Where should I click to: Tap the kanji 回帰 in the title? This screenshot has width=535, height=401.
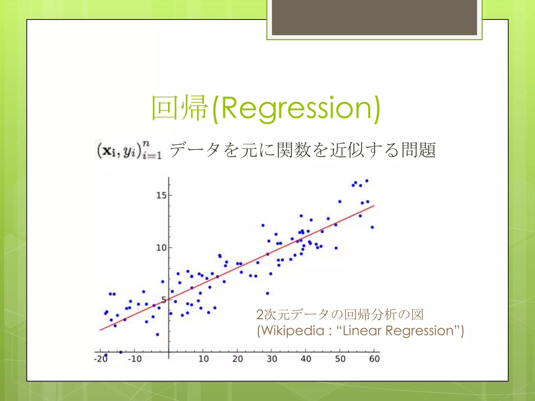click(x=180, y=108)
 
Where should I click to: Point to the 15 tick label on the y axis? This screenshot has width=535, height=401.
click(x=161, y=195)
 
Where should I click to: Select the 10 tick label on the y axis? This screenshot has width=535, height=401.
click(x=161, y=247)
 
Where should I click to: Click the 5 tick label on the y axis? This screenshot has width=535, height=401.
click(x=164, y=300)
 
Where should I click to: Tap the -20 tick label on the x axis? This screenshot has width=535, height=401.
click(x=101, y=359)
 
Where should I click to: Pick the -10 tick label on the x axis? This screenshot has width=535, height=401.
click(x=135, y=359)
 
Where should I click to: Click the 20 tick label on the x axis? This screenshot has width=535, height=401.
click(x=237, y=359)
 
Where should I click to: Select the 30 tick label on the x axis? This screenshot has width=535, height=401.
click(x=272, y=359)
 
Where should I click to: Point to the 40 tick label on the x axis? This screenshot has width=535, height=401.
click(x=306, y=359)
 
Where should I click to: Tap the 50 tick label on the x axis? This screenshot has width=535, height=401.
click(x=340, y=359)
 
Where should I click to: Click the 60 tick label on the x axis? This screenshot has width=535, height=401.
click(x=374, y=359)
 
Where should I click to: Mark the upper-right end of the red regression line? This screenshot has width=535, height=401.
click(x=374, y=206)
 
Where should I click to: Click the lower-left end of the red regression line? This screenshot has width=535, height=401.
click(x=101, y=330)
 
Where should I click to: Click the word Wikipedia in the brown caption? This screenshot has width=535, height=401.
click(x=293, y=331)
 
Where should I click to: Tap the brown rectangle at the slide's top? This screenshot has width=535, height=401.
click(x=374, y=17)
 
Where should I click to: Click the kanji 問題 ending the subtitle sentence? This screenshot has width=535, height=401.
click(x=418, y=150)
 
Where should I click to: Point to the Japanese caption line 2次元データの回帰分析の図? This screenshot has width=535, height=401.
click(x=340, y=315)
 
